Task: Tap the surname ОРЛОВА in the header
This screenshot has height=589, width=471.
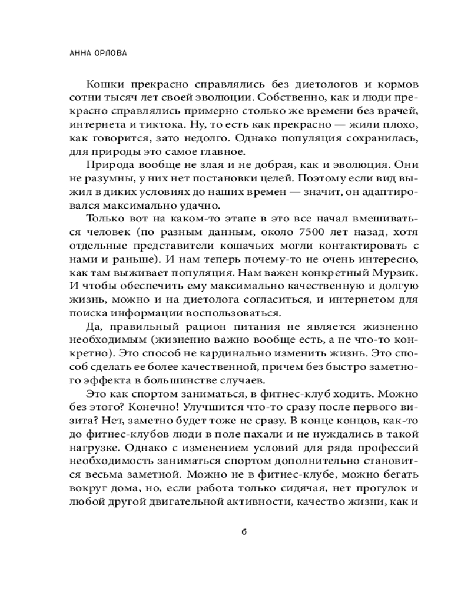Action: [111, 52]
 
